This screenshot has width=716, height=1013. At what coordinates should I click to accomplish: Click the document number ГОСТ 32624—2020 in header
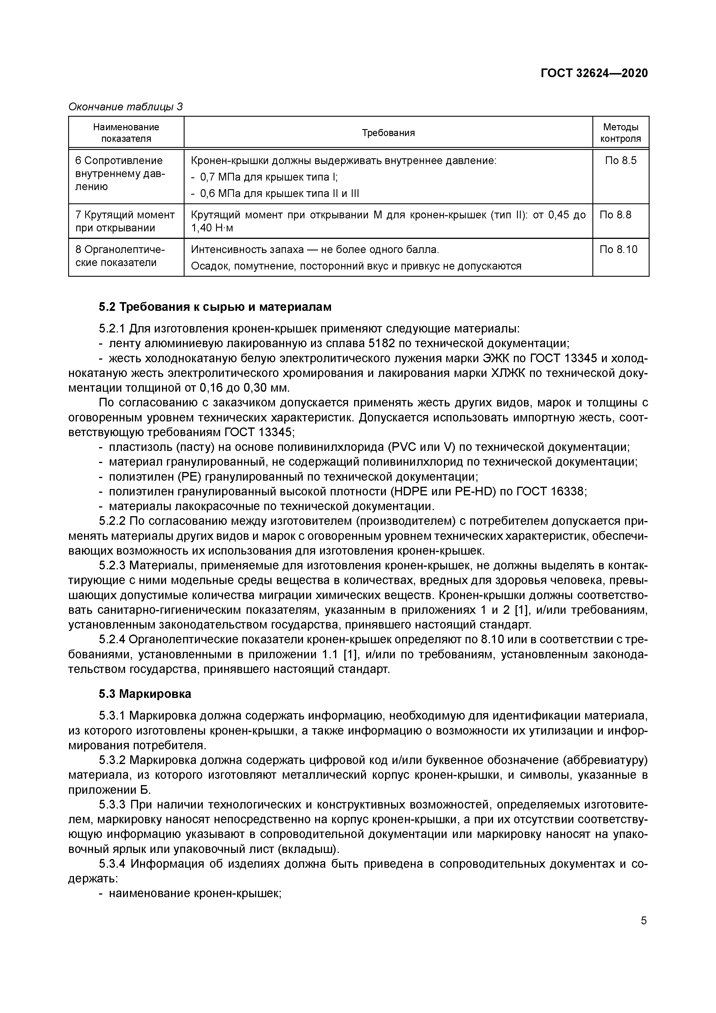(x=594, y=73)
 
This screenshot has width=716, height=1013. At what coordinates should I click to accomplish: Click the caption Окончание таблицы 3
(x=126, y=107)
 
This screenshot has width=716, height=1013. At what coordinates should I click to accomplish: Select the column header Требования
(x=388, y=133)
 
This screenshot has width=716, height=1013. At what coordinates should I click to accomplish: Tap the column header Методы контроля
(x=620, y=133)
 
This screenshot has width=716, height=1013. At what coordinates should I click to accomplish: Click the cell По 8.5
(x=621, y=161)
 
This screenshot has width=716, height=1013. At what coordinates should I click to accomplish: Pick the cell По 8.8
(x=615, y=215)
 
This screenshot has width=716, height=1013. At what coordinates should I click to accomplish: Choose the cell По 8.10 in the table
(x=618, y=250)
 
